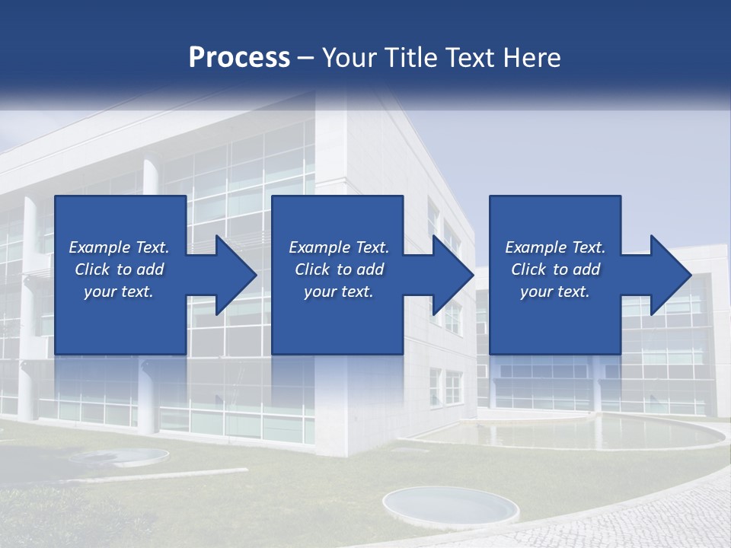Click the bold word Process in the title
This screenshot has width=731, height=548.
pos(239,58)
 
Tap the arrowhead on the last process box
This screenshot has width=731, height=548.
pos(667,275)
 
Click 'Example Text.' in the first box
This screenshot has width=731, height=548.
pos(119,247)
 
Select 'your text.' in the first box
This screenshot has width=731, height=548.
pos(119,292)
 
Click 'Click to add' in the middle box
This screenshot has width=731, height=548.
pos(339,269)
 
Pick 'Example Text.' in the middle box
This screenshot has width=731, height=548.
pos(339,247)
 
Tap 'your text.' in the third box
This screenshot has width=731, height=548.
pos(555,292)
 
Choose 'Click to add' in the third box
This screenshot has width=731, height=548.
pos(555,269)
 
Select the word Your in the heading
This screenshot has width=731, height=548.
pos(347,58)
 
